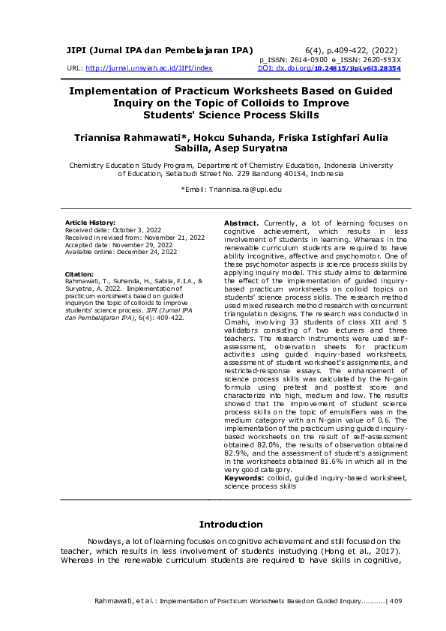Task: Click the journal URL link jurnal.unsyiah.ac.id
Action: [x=149, y=67]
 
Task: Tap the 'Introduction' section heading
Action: [x=231, y=524]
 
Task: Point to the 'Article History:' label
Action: [x=91, y=223]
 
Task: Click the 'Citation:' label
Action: [x=79, y=274]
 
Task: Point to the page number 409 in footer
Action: [x=396, y=601]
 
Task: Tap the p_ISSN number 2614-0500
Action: [x=307, y=59]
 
